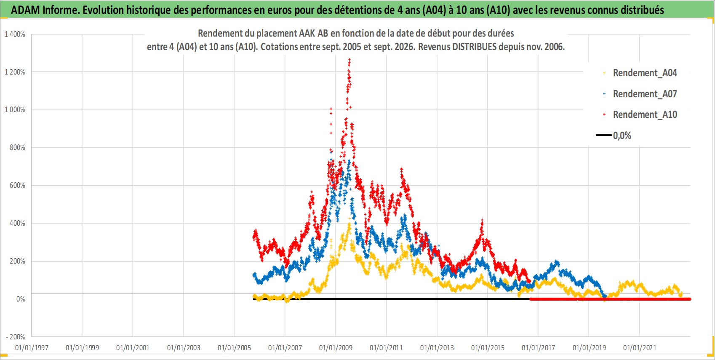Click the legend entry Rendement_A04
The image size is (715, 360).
(x=640, y=73)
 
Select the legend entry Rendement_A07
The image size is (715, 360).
(x=640, y=94)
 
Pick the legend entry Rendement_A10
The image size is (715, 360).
(x=640, y=115)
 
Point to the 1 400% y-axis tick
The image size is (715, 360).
(x=15, y=34)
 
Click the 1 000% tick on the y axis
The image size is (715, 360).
(x=15, y=110)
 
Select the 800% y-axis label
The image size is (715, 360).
(x=17, y=147)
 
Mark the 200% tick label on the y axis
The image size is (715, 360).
(x=17, y=261)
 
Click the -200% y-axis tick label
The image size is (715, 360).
(x=16, y=337)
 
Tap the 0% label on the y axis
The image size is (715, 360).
(x=21, y=299)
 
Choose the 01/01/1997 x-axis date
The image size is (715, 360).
(x=32, y=348)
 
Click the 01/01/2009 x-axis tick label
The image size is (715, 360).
(x=336, y=348)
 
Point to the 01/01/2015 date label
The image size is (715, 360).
(x=488, y=348)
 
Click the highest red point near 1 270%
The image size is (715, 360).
(x=349, y=59)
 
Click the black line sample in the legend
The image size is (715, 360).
(x=603, y=135)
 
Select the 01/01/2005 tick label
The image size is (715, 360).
(x=234, y=348)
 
